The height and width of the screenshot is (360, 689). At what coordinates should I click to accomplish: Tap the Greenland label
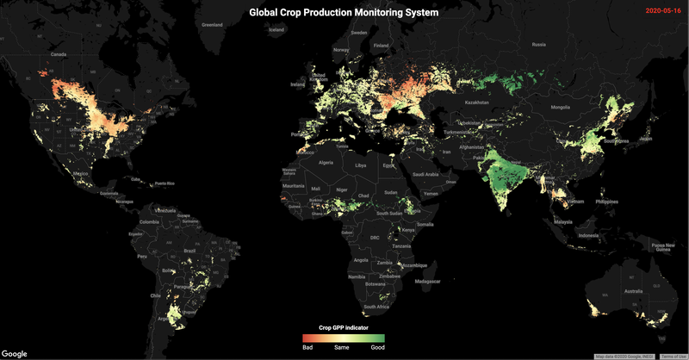point(212,25)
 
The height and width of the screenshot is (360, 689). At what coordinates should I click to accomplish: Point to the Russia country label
point(539,44)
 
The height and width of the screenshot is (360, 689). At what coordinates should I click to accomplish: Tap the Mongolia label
point(560,107)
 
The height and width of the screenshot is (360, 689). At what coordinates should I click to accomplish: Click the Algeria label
point(326,162)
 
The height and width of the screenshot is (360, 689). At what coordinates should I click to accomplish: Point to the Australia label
point(632,291)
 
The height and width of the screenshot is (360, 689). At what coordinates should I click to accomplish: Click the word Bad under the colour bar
point(307,347)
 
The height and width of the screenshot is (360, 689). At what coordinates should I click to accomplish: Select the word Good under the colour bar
point(377,347)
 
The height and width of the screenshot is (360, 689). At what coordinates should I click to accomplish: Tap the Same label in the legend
point(343,347)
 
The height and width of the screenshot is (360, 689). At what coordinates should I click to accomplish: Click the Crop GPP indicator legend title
point(343,327)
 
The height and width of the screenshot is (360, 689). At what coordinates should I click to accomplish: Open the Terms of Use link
point(673,356)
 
